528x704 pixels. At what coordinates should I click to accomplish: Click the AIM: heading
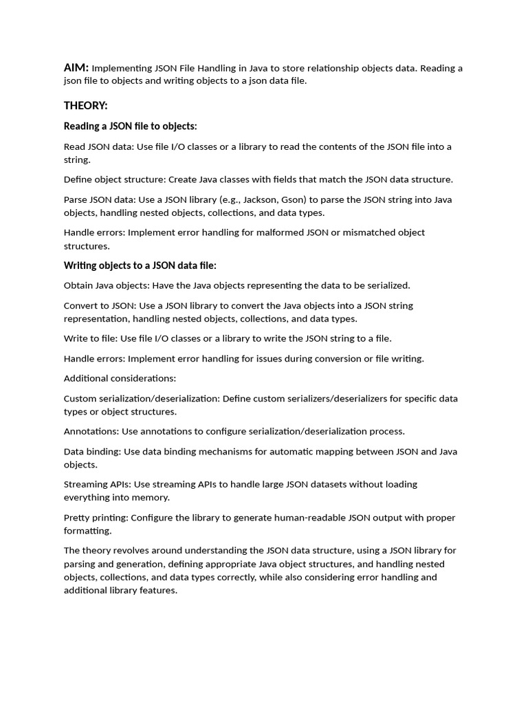pyautogui.click(x=76, y=67)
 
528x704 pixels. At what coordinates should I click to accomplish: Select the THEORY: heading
pyautogui.click(x=86, y=105)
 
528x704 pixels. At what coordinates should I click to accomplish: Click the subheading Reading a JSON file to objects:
pyautogui.click(x=131, y=126)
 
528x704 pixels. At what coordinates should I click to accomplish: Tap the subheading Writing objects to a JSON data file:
pyautogui.click(x=140, y=265)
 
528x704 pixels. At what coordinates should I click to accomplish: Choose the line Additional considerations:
pyautogui.click(x=120, y=378)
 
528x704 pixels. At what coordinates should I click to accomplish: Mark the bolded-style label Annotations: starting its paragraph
pyautogui.click(x=91, y=432)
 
